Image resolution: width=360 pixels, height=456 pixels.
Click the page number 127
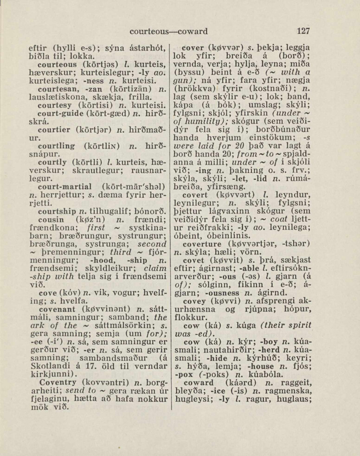pyautogui.click(x=303, y=32)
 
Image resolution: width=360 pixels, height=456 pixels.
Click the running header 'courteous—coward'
pyautogui.click(x=168, y=32)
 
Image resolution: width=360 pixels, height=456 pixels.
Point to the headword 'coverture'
pyautogui.click(x=202, y=243)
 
